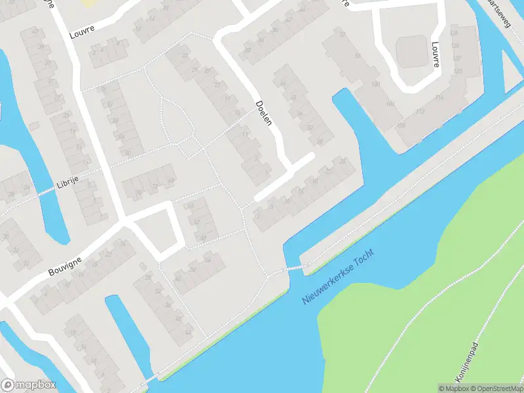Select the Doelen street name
point(265,113)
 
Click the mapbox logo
point(28,384)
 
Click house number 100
point(375,85)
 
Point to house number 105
point(390,104)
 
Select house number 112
point(419,111)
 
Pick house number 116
point(438,98)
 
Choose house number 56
point(358,55)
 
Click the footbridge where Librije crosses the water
point(47,191)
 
